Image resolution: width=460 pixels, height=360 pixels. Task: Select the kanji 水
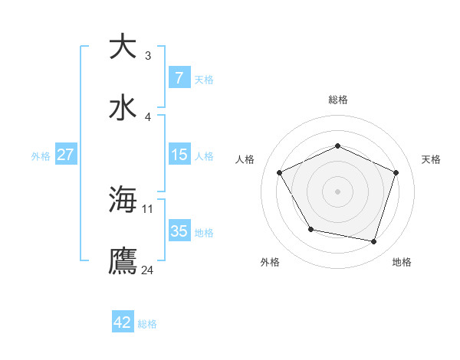click(123, 107)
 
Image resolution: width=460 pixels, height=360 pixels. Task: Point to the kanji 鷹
click(123, 260)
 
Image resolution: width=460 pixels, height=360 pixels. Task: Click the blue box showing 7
click(179, 78)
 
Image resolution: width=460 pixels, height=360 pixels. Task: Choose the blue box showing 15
click(179, 155)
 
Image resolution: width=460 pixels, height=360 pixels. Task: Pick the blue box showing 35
click(179, 231)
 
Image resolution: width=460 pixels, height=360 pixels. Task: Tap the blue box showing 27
click(65, 155)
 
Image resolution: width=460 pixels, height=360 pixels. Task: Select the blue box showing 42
click(123, 322)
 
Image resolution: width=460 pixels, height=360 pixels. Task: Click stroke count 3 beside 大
click(148, 55)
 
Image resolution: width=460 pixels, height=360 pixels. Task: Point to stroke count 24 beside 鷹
click(148, 270)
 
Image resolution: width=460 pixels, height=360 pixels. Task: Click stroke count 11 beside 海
click(148, 208)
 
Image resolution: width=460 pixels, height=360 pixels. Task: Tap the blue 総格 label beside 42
click(147, 324)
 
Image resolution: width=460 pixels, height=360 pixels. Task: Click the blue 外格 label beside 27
click(41, 156)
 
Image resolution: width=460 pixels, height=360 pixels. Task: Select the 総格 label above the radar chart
click(338, 100)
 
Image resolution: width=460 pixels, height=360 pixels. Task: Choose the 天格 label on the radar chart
click(431, 159)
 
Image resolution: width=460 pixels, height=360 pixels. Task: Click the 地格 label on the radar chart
click(402, 262)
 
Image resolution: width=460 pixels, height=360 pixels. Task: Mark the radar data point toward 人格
click(280, 172)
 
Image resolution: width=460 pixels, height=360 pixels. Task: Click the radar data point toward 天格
click(396, 172)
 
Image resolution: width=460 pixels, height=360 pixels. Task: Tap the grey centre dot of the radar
click(337, 191)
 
